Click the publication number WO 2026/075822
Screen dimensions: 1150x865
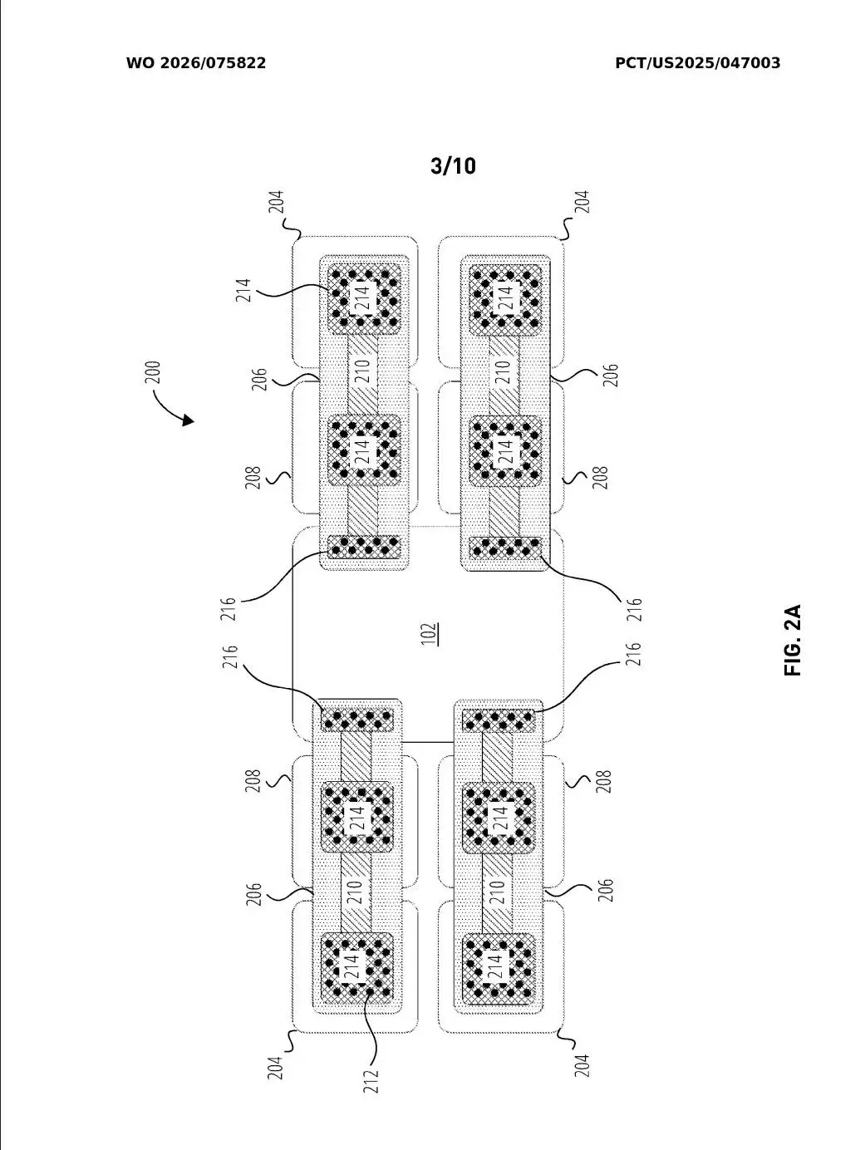pyautogui.click(x=196, y=63)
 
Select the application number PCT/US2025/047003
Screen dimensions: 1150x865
pyautogui.click(x=697, y=63)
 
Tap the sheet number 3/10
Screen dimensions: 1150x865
pyautogui.click(x=453, y=166)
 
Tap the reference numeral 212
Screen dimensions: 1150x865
pyautogui.click(x=371, y=1079)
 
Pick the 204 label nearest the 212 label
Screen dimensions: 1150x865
pyautogui.click(x=276, y=1066)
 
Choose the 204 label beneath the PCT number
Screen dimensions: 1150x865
pyautogui.click(x=582, y=204)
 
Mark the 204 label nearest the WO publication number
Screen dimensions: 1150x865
pyautogui.click(x=276, y=204)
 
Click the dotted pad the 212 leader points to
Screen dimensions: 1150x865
pyautogui.click(x=357, y=969)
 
